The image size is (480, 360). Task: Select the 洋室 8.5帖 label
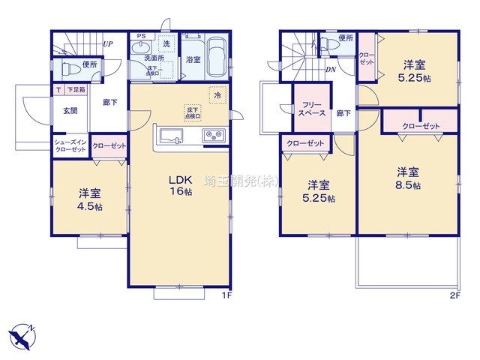pos(408,178)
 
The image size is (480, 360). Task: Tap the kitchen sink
pos(170,135)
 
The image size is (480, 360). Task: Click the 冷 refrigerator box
pos(217,96)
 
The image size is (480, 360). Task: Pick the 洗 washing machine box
pos(166,45)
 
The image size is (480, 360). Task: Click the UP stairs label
pos(108,43)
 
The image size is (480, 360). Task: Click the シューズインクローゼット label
pos(70,145)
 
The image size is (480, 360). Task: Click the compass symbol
pos(21,335)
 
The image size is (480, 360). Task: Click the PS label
pos(140,35)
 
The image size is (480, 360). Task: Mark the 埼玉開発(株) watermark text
pos(242,181)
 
